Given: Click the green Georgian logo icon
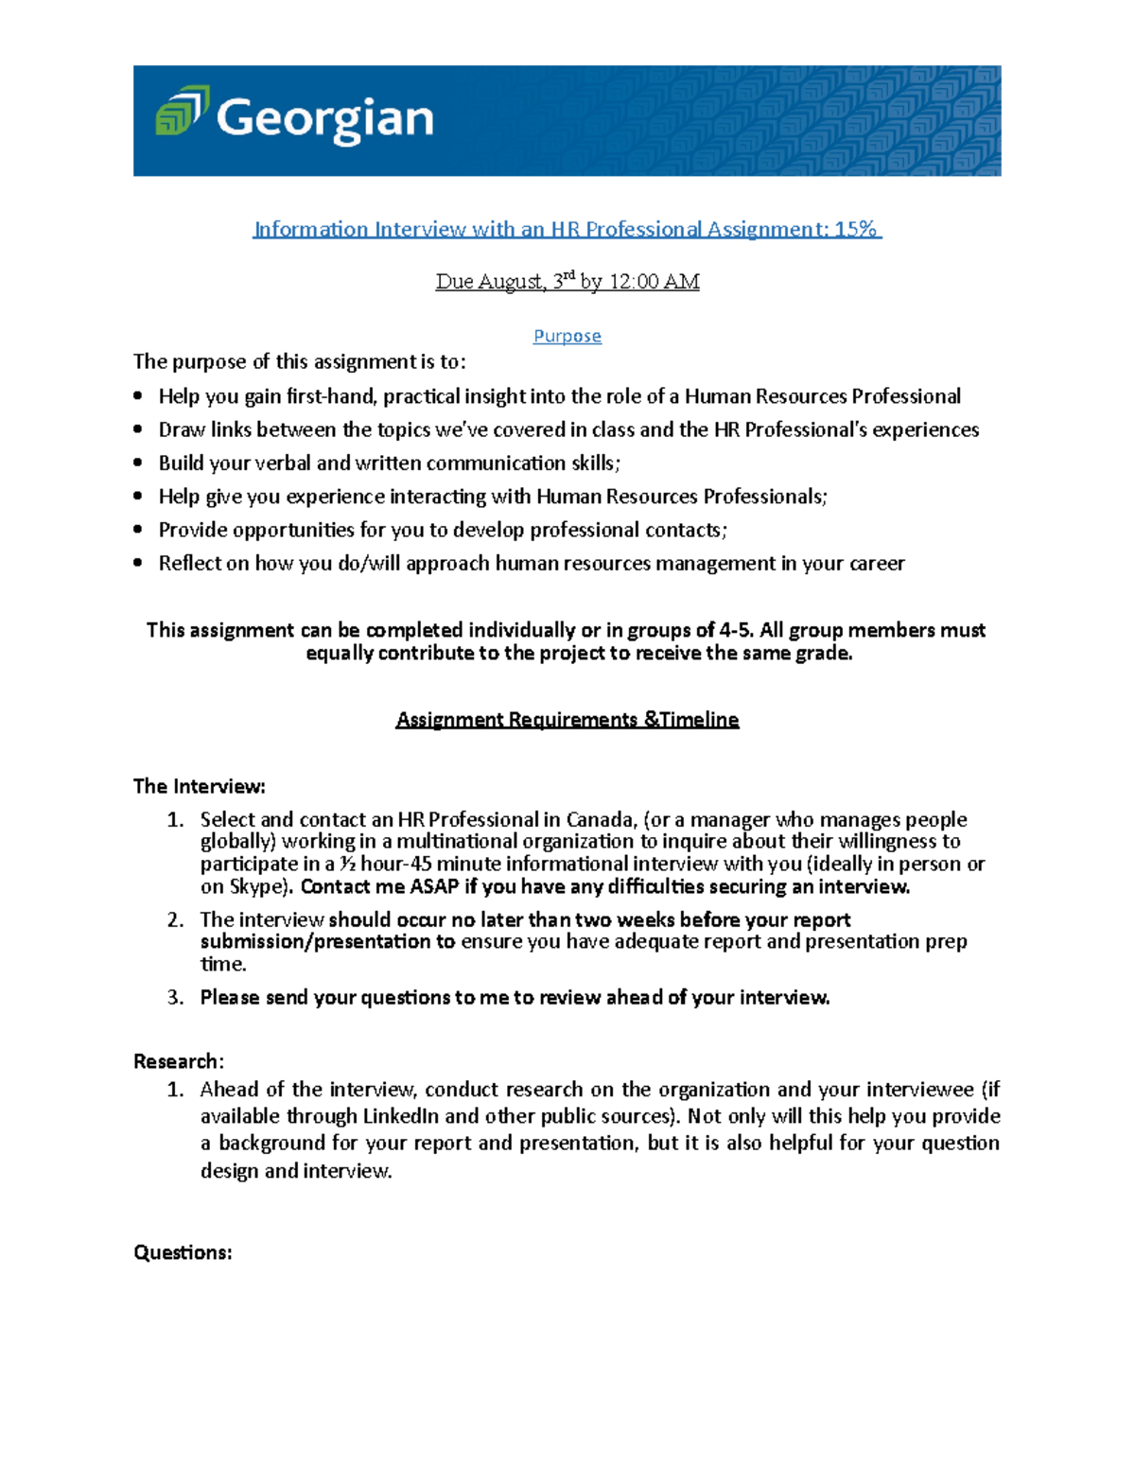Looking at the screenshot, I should pos(182,112).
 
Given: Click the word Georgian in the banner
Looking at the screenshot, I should pos(324,120).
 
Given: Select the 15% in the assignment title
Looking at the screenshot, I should pos(856,229).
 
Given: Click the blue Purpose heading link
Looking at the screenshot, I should pos(567,336).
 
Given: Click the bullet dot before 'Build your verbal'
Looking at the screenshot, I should pos(138,463).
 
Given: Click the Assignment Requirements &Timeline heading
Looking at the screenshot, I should pos(567,720).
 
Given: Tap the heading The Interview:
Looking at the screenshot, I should pos(200,786).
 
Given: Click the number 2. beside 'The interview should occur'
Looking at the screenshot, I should pos(175,919).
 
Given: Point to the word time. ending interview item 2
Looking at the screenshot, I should pos(223,964).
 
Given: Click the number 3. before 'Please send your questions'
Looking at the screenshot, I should pos(175,997).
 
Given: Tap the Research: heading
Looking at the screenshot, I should pos(178,1061).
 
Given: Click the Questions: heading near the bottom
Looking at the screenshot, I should pos(183,1252).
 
